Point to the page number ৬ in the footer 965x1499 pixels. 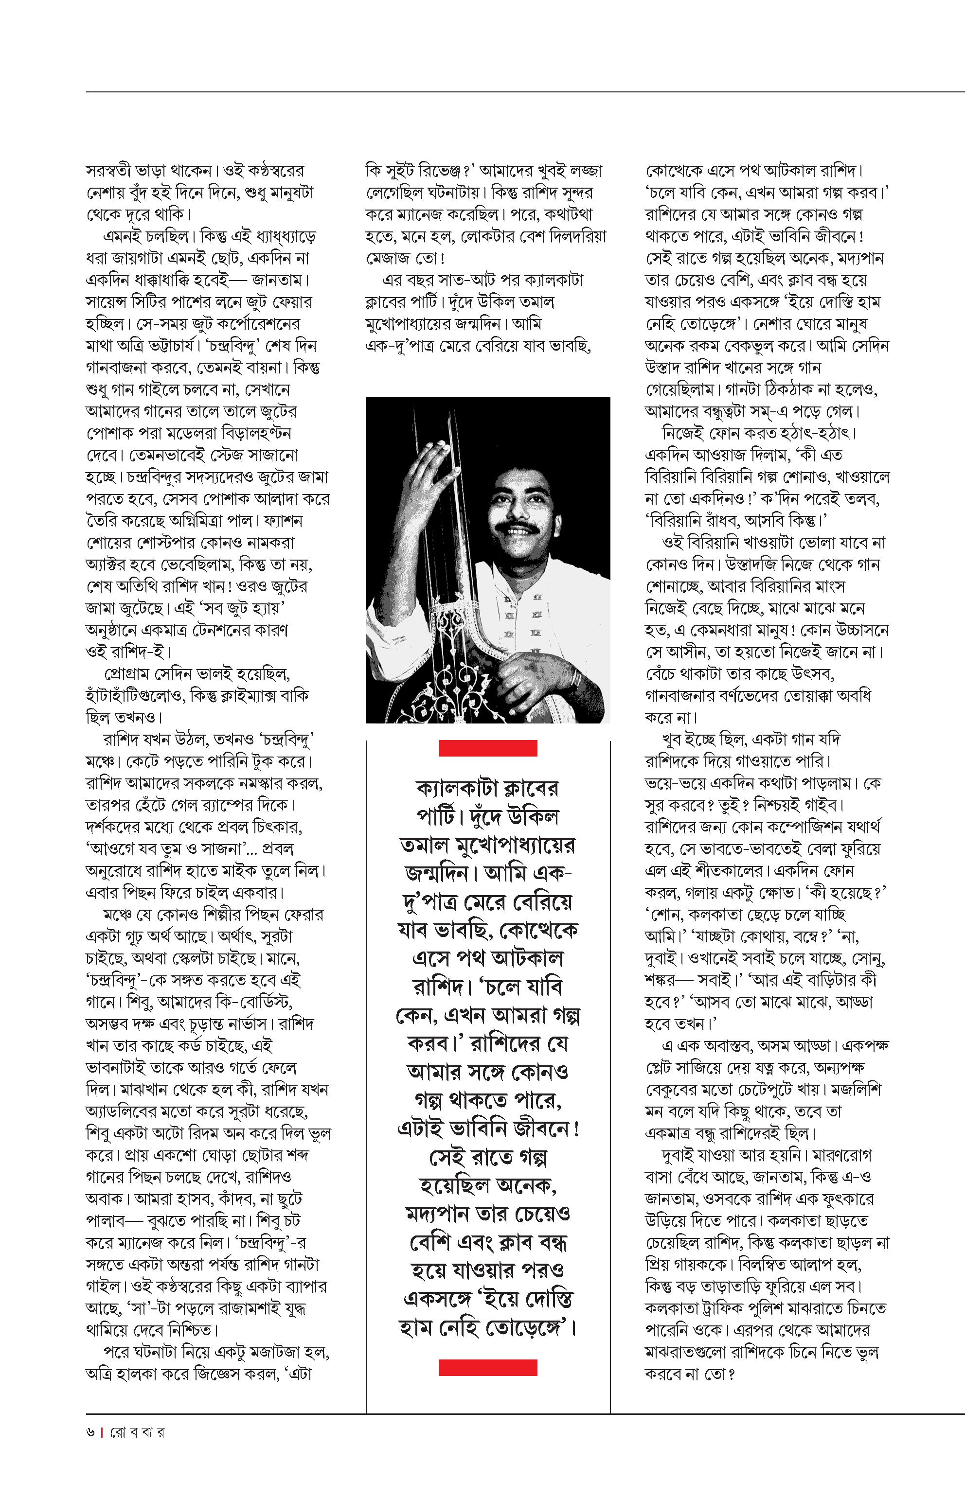point(90,1432)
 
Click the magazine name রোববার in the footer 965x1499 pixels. point(137,1432)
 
